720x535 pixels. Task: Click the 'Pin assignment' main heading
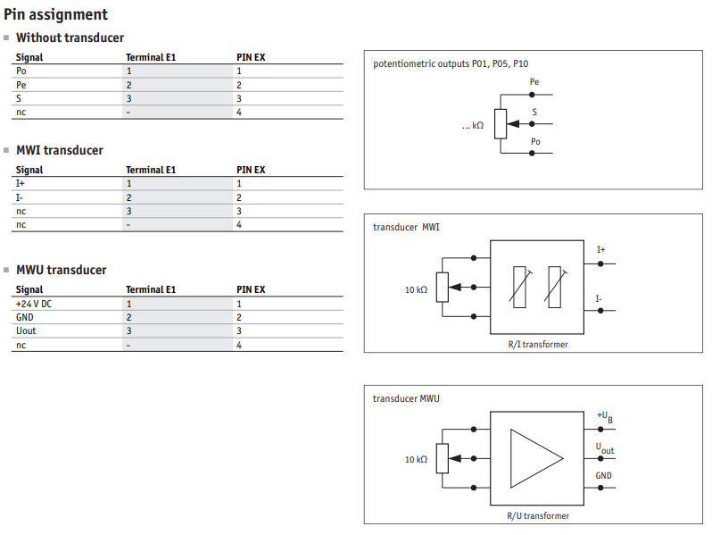click(55, 14)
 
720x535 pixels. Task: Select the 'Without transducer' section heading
click(70, 38)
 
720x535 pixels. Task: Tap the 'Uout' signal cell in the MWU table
click(26, 331)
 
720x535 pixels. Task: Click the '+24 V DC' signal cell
click(34, 304)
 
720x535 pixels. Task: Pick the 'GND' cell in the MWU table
click(24, 317)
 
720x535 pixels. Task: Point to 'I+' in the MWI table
click(21, 183)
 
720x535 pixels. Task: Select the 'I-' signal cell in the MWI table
click(20, 197)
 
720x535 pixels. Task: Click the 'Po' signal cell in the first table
click(21, 71)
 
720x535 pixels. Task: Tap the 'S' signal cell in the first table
click(19, 98)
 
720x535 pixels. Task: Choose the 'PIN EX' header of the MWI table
click(251, 170)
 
